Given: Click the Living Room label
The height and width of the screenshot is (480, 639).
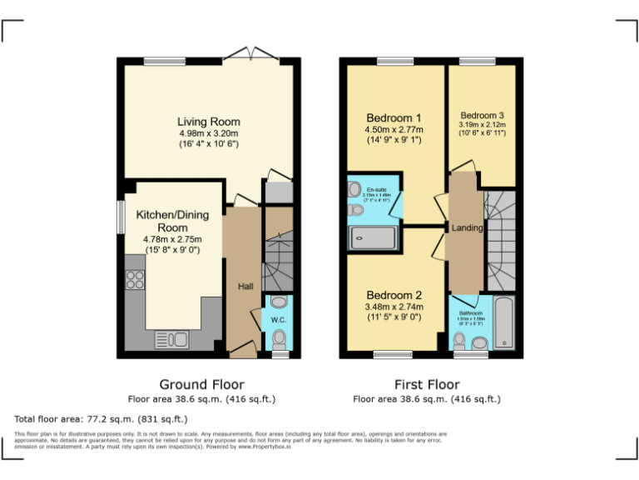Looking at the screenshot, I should (x=208, y=122).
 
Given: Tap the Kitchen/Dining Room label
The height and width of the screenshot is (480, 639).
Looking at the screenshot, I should (x=172, y=221).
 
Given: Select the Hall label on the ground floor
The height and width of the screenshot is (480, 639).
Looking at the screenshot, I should (x=245, y=287).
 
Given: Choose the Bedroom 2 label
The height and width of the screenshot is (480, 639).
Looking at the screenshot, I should (x=394, y=295).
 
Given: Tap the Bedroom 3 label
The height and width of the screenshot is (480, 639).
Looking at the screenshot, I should (x=482, y=115).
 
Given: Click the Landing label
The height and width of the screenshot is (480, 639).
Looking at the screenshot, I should (x=467, y=227).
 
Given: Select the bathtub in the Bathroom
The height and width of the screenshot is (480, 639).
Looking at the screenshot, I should (x=504, y=322).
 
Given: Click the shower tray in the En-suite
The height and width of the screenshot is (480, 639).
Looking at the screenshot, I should (x=373, y=239).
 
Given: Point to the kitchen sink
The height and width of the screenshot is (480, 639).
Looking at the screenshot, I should (x=172, y=339).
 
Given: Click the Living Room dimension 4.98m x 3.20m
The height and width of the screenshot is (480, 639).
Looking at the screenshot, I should (x=208, y=133).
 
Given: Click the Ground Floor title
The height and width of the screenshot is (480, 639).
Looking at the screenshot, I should (x=201, y=384).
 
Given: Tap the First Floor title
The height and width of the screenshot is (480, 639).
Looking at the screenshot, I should (x=426, y=384).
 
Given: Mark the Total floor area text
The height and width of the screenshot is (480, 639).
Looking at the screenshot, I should (x=101, y=418).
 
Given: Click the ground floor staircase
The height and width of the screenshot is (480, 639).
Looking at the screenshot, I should (x=278, y=258).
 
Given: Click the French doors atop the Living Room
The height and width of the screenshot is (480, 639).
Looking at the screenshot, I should (x=249, y=55).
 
